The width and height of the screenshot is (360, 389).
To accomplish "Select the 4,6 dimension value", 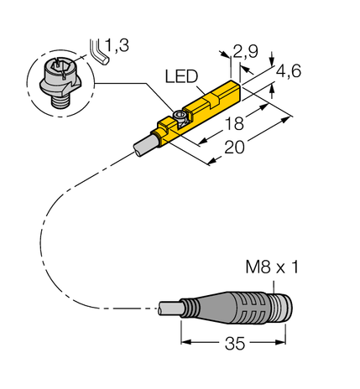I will [x=290, y=73].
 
